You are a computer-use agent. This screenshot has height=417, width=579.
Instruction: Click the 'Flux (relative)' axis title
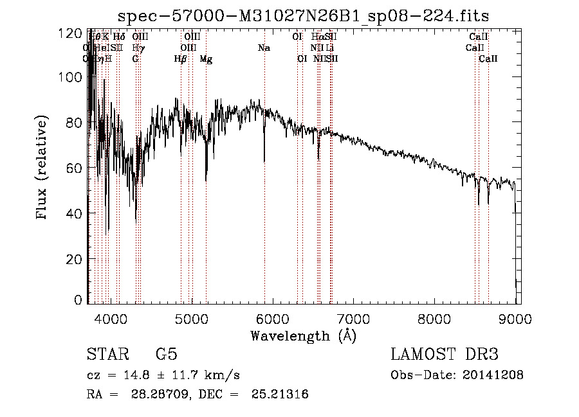click(43, 168)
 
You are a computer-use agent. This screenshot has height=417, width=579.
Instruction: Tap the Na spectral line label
click(264, 48)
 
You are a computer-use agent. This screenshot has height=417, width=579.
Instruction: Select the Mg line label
click(206, 59)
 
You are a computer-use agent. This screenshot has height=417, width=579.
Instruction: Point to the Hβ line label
click(181, 59)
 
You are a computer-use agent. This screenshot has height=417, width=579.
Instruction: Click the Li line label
click(329, 48)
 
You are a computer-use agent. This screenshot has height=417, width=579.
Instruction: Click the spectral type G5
click(166, 355)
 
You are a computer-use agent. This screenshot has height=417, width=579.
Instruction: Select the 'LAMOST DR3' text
click(445, 355)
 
